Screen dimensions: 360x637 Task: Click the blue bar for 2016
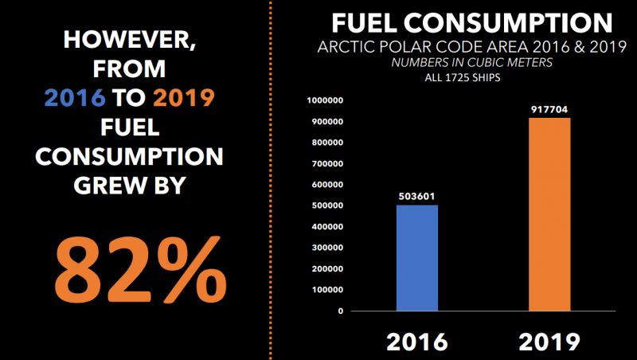point(417,257)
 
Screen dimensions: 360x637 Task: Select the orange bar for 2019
point(549,214)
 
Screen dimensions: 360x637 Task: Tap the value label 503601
point(417,195)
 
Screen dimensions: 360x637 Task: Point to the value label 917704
point(549,109)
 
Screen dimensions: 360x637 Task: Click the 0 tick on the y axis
point(340,311)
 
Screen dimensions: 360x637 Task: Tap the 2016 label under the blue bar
point(417,341)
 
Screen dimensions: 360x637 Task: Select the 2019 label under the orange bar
point(549,341)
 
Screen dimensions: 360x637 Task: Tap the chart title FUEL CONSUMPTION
point(471,22)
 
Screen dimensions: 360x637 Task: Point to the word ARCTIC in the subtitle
point(342,47)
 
